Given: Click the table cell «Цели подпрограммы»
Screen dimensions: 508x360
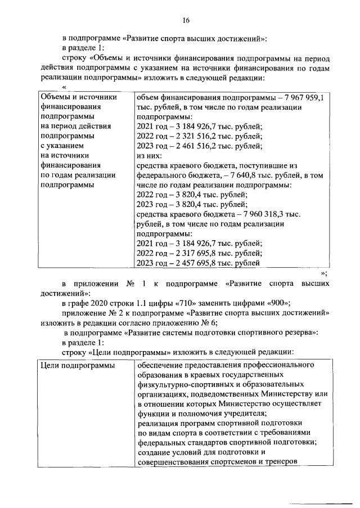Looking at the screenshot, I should coord(75,366).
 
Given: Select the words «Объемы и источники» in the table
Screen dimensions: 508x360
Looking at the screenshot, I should coord(79,97).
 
